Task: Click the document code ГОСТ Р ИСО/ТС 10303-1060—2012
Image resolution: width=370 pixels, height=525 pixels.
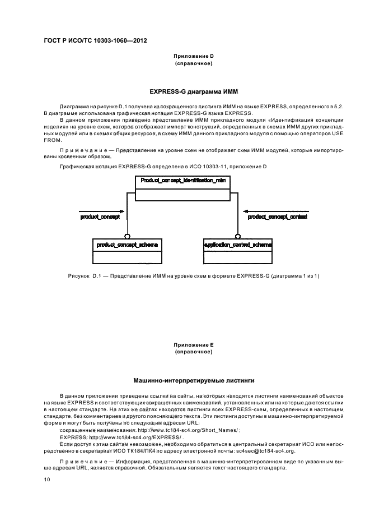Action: [x=95, y=41]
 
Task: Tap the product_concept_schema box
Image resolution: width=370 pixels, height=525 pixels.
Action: [x=127, y=245]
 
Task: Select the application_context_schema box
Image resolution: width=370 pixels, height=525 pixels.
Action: [x=238, y=245]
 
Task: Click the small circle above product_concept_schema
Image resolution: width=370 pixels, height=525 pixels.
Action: [x=128, y=236]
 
